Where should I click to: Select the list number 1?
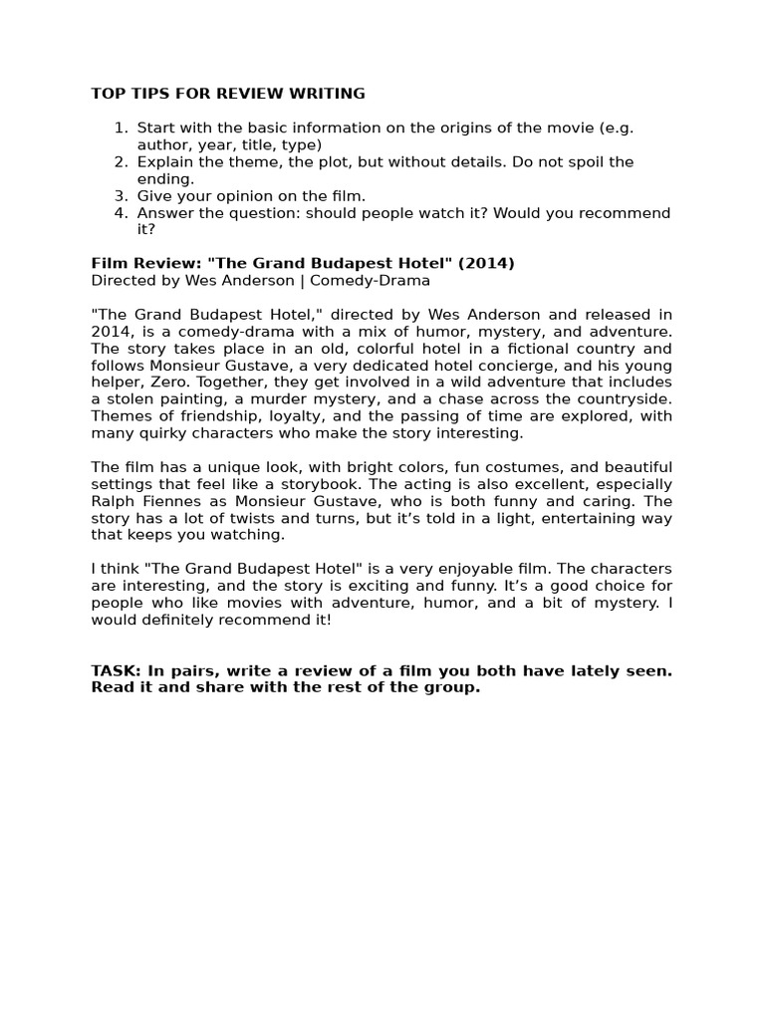click(120, 127)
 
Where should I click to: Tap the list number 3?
click(120, 196)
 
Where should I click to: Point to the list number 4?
click(120, 213)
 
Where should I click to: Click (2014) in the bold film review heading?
click(482, 263)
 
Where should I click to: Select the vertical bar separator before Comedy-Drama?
click(303, 280)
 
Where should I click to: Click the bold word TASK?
click(116, 670)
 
